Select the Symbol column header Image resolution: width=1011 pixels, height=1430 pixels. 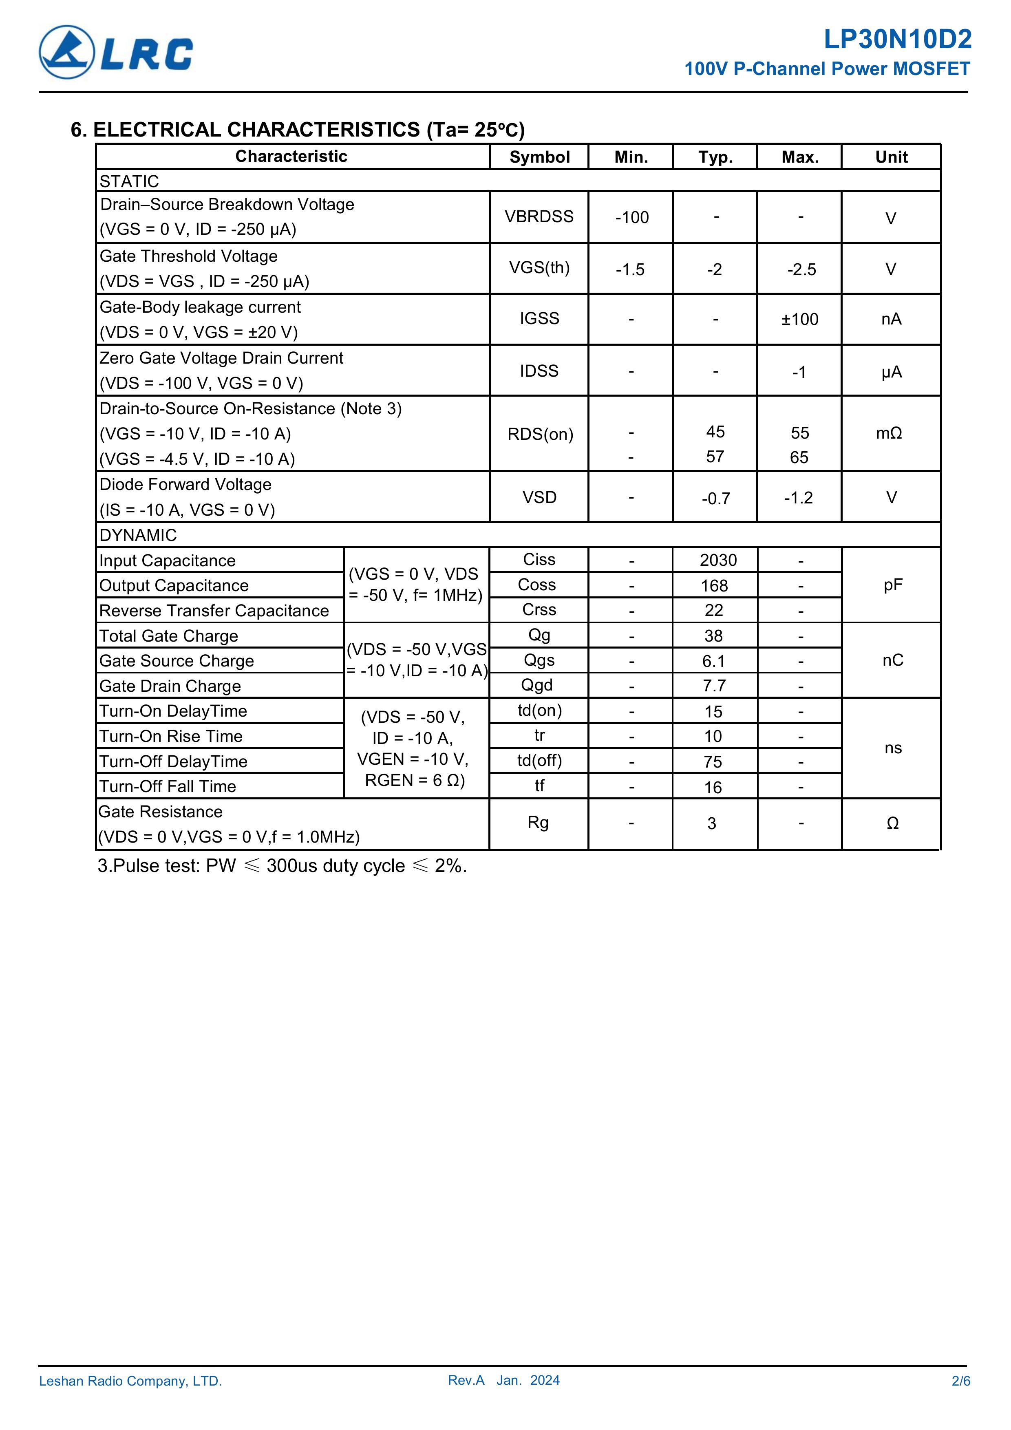pos(539,157)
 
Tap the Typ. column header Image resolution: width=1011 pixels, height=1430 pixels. pos(715,157)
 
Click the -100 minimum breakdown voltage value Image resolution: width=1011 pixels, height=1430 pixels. pos(631,217)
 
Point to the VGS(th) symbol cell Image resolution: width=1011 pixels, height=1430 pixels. pos(539,268)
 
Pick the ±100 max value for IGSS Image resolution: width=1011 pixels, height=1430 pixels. pos(800,320)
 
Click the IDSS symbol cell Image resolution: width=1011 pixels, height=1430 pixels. pos(539,371)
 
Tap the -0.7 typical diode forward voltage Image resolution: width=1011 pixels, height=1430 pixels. pos(715,498)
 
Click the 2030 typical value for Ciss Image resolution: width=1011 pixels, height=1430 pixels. pos(717,561)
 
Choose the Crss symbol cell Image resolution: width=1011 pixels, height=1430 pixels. pos(539,610)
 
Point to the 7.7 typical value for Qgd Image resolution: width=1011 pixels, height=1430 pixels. pos(714,686)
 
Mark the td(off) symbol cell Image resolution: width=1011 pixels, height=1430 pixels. pos(539,761)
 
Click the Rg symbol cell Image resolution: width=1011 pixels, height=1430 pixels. pos(538,823)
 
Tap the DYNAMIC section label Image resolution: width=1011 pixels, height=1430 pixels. pos(138,535)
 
